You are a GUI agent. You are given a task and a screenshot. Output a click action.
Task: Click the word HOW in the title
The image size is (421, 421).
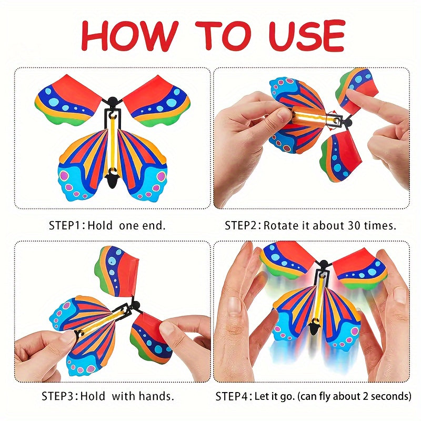[x=129, y=36]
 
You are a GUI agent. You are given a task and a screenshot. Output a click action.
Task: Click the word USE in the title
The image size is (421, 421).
[x=306, y=36]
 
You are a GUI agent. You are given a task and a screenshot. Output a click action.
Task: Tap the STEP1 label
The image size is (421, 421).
[x=64, y=225]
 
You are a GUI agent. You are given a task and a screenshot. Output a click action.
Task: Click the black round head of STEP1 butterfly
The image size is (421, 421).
[x=113, y=101]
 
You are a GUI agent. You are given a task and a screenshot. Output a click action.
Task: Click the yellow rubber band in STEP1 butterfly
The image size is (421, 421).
[x=113, y=143]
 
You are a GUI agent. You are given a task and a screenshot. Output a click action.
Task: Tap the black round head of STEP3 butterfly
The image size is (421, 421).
[x=136, y=306]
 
